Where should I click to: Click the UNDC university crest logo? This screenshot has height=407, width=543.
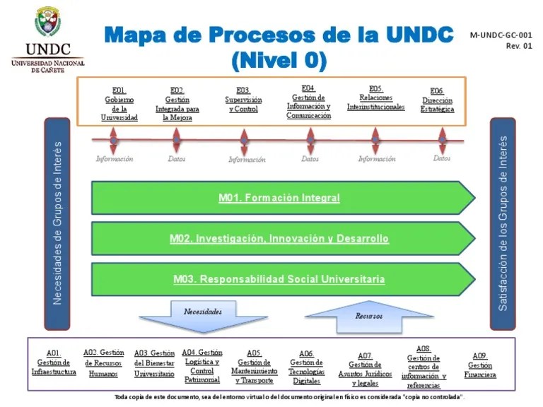click(47, 23)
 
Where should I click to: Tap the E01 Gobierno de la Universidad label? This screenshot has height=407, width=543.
click(119, 105)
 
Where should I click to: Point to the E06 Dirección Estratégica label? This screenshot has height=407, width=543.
click(437, 100)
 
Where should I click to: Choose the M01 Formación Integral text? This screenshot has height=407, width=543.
click(279, 198)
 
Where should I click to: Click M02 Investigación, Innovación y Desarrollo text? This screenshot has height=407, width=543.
click(279, 239)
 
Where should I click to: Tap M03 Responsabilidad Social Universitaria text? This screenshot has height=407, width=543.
click(279, 279)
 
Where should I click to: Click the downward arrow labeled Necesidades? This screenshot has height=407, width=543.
click(203, 315)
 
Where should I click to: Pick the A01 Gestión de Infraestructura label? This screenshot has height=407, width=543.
click(54, 362)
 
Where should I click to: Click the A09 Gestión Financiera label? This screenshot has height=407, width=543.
click(479, 365)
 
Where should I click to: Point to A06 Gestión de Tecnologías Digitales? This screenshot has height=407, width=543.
click(306, 367)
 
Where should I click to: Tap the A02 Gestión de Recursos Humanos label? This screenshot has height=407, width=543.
click(103, 363)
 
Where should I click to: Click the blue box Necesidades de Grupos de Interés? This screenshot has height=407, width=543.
click(57, 223)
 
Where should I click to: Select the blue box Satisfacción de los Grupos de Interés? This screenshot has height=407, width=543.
click(503, 223)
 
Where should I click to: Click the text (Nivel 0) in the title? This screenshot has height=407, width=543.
click(279, 62)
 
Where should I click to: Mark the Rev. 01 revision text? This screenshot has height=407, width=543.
click(518, 47)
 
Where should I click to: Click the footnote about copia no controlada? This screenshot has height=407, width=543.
click(289, 397)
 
